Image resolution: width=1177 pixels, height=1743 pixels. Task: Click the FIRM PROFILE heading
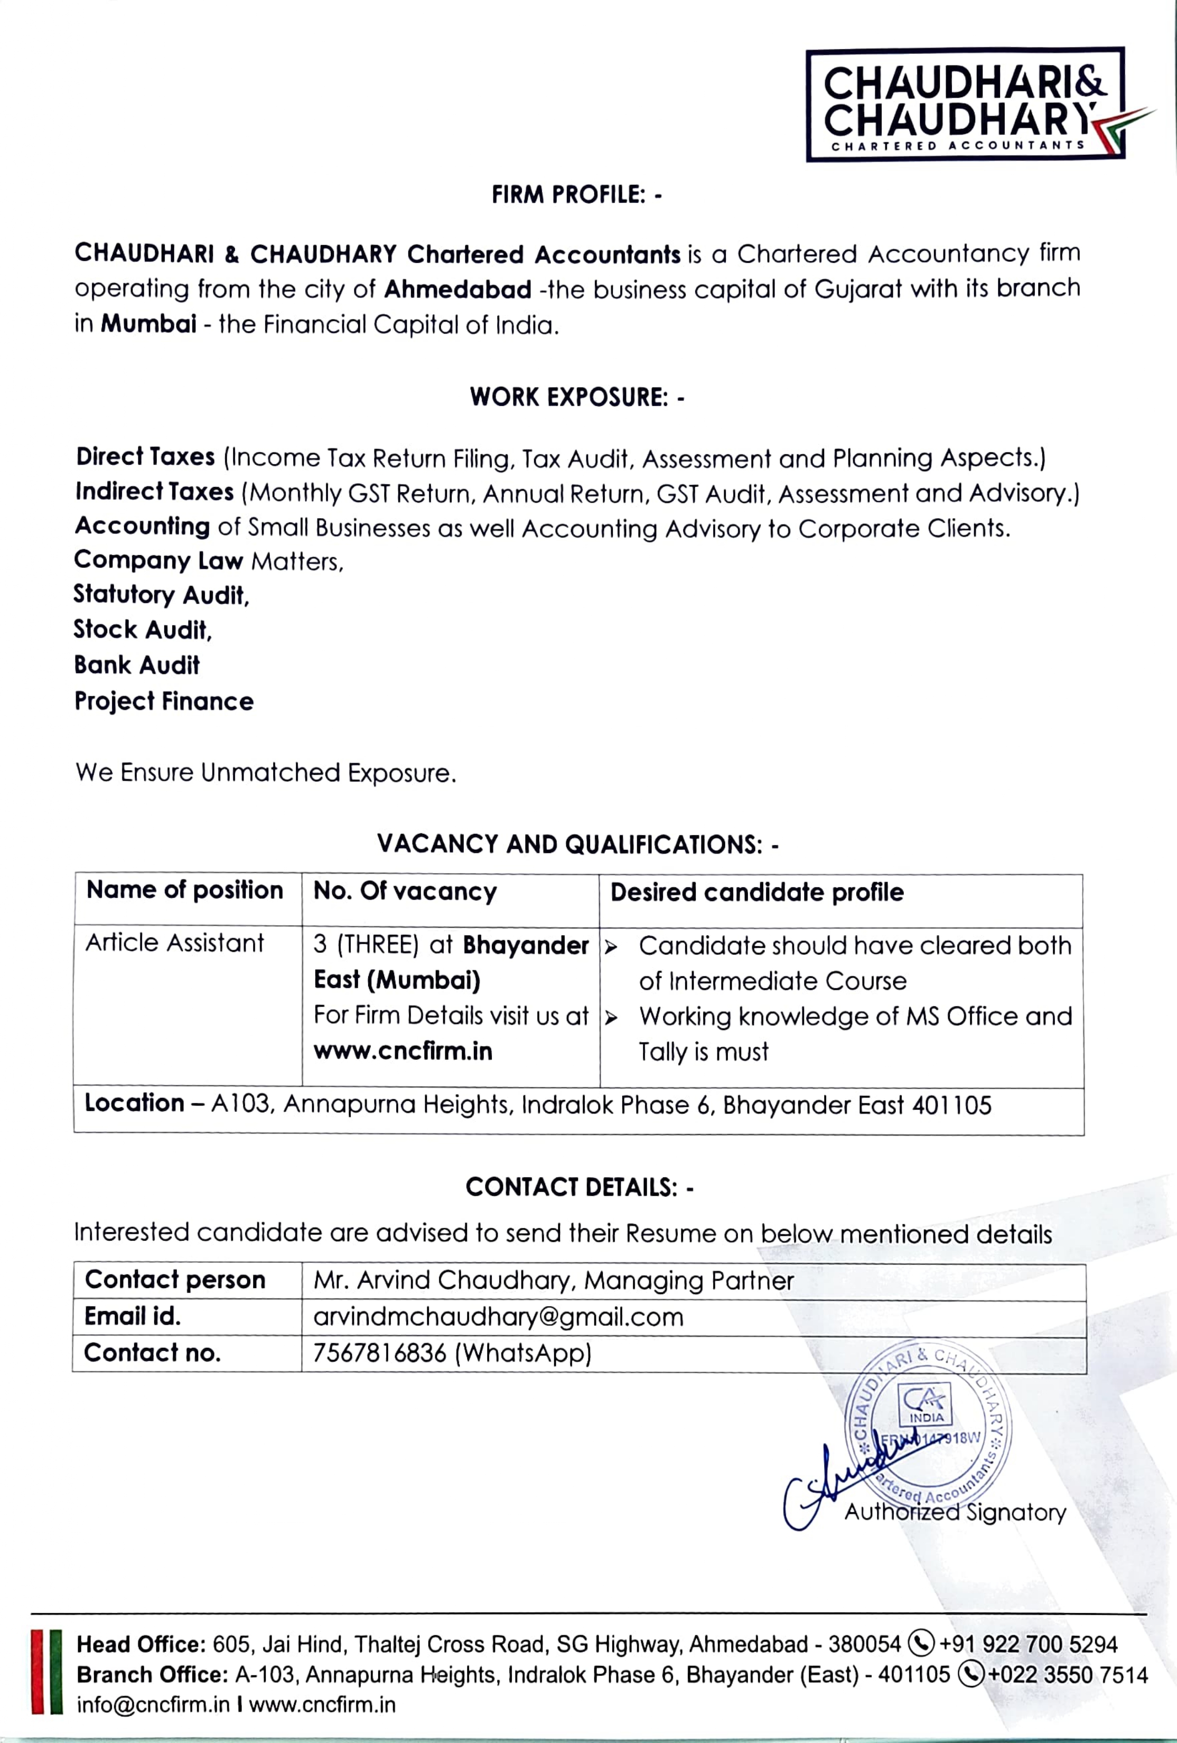(576, 195)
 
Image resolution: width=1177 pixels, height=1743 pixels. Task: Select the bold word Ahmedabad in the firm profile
(457, 289)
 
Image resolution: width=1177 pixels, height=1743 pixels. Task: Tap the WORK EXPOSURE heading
(576, 397)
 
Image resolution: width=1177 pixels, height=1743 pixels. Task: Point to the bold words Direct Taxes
(145, 457)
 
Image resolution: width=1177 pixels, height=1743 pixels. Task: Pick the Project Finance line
(164, 701)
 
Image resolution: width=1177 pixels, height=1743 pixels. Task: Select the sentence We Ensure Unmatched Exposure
(266, 773)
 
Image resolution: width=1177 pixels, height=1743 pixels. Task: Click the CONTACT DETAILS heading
(579, 1187)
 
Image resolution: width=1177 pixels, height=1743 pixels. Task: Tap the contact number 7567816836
(380, 1353)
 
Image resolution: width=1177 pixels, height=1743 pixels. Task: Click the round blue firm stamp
(929, 1421)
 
